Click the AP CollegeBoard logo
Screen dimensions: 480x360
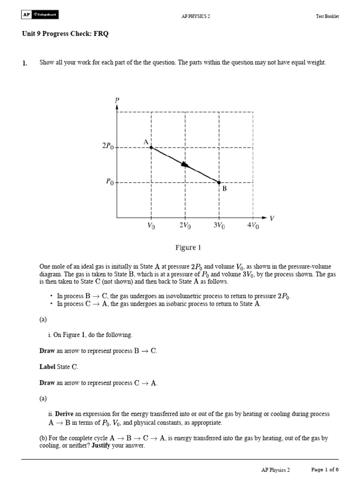click(x=40, y=15)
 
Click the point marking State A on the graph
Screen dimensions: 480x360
click(x=151, y=147)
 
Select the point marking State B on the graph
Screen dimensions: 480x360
click(x=219, y=182)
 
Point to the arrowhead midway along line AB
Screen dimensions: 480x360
click(x=186, y=165)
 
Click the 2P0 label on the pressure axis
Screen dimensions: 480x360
click(x=107, y=146)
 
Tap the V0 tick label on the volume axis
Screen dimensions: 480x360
click(x=151, y=226)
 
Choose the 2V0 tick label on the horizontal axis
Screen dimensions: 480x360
click(x=185, y=226)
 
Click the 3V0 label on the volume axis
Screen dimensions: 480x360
click(x=219, y=226)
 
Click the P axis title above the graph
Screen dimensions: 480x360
click(x=117, y=100)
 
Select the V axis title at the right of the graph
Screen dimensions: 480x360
click(x=272, y=218)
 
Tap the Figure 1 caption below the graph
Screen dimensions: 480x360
click(x=188, y=247)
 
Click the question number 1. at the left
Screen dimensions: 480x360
click(x=25, y=63)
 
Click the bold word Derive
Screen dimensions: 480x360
click(x=66, y=414)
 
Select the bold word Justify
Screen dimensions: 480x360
click(x=97, y=446)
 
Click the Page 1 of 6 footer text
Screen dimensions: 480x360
click(x=325, y=469)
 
